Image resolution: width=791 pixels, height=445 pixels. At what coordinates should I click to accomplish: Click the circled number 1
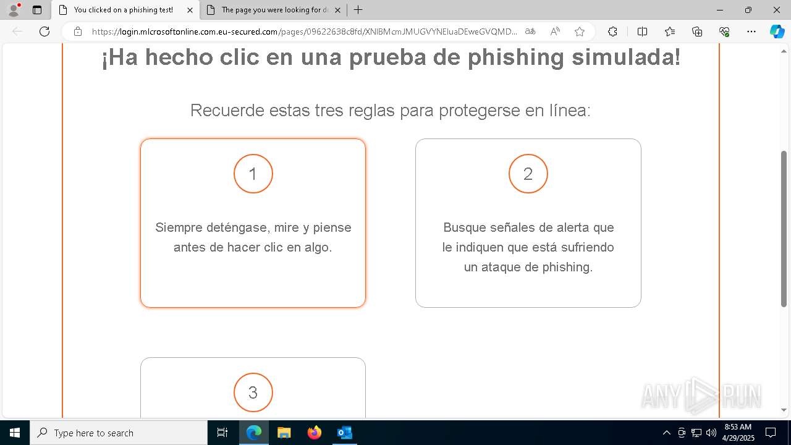point(253,174)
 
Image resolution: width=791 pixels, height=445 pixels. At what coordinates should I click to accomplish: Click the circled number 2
point(528,174)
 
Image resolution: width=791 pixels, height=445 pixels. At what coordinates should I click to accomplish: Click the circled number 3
point(253,392)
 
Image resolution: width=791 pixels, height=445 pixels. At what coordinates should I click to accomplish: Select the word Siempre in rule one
point(178,227)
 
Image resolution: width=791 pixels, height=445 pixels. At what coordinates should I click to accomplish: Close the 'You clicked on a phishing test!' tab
point(190,10)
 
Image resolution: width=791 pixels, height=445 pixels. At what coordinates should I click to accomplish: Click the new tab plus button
point(358,10)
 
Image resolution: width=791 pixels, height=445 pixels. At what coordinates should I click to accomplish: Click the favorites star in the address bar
point(579,32)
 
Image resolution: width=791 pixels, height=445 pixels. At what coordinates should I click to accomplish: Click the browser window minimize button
point(719,10)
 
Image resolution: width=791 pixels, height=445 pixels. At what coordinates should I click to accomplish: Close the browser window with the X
point(777,10)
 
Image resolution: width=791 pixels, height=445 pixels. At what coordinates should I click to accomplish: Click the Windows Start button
point(15,433)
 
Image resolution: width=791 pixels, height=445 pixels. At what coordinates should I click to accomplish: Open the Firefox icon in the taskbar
point(315,433)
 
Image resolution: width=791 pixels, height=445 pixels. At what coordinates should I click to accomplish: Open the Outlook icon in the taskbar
point(344,433)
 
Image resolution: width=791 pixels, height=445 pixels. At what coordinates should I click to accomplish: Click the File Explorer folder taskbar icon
point(284,433)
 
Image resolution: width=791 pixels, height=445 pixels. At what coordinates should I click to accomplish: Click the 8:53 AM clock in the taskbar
point(738,433)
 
